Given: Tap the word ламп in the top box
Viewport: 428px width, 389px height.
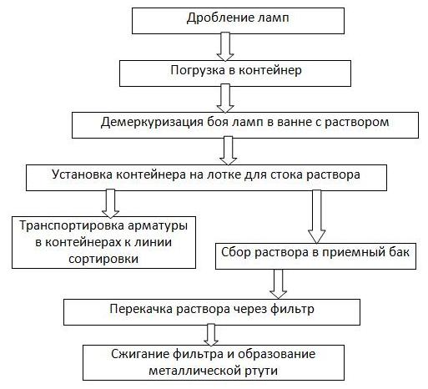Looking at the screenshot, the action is pyautogui.click(x=274, y=18).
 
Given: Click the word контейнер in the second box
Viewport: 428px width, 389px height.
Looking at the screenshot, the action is pyautogui.click(x=270, y=70).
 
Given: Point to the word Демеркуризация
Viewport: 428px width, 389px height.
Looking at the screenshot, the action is pyautogui.click(x=152, y=123).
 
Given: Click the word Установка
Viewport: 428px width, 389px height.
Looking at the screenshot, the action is pyautogui.click(x=83, y=174).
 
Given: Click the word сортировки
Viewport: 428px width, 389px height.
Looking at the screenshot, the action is pyautogui.click(x=103, y=259).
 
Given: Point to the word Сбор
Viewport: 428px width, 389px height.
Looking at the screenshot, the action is pyautogui.click(x=236, y=252).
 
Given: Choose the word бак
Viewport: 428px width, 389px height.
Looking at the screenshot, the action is pyautogui.click(x=400, y=252).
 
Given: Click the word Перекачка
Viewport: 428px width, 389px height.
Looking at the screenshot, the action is pyautogui.click(x=141, y=309).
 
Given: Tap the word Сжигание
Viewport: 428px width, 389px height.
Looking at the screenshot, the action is pyautogui.click(x=139, y=354).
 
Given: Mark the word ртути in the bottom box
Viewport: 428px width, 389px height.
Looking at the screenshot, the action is pyautogui.click(x=261, y=371).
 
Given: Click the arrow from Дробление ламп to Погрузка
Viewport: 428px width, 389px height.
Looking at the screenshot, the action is pyautogui.click(x=225, y=47).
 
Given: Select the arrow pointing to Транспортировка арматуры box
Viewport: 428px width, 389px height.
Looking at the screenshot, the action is pyautogui.click(x=110, y=204).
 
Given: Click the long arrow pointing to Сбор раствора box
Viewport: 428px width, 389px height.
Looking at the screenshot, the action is pyautogui.click(x=317, y=217).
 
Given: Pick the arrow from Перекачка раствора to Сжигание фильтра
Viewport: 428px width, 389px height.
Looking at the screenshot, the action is pyautogui.click(x=211, y=335).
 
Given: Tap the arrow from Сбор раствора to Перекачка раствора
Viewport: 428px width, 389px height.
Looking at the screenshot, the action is pyautogui.click(x=279, y=284).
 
